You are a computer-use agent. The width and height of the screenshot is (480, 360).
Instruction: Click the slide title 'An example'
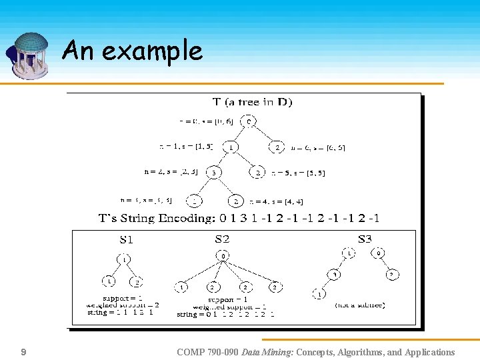click(132, 51)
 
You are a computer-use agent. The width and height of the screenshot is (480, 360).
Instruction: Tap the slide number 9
click(23, 352)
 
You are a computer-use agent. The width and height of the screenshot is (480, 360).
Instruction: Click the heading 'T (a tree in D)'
click(252, 102)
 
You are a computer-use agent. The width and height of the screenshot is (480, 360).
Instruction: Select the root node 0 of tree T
click(248, 121)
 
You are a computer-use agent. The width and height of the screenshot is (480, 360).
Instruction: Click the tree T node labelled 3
click(214, 173)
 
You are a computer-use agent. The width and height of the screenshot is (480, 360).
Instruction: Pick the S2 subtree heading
click(222, 239)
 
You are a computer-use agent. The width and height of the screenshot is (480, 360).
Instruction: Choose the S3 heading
click(365, 239)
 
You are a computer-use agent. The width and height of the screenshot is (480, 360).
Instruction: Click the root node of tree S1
click(125, 258)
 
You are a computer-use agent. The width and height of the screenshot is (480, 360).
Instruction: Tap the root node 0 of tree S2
click(223, 256)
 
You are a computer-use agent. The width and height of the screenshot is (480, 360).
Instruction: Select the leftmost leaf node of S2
click(182, 287)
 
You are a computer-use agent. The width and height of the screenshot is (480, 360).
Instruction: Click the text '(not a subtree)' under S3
click(359, 305)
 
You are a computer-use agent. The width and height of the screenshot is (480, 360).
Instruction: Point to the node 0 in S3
click(379, 253)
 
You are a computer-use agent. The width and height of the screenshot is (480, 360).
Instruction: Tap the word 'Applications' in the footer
click(425, 352)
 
